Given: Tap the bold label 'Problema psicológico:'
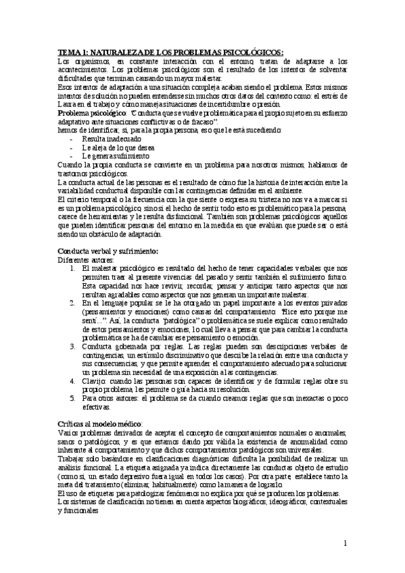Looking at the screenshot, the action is click(87, 114).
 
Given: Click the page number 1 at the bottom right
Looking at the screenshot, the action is click(345, 543).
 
